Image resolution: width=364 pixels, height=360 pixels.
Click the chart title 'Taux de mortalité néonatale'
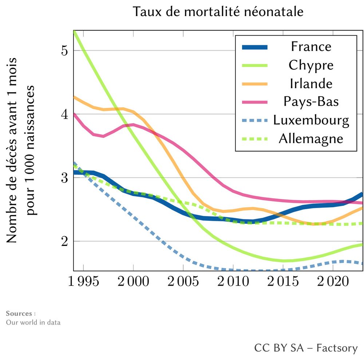point(218,12)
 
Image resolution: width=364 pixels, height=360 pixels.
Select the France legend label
point(311,47)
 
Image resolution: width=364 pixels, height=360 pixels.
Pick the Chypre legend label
point(311,65)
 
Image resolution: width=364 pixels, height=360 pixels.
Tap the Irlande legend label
point(311,83)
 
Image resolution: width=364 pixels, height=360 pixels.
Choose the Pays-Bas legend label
point(311,101)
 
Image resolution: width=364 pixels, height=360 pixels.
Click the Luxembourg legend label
point(311,120)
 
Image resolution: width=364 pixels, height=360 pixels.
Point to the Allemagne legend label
point(311,138)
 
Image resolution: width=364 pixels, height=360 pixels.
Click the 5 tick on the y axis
point(65,51)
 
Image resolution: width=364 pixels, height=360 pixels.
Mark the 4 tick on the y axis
point(65,114)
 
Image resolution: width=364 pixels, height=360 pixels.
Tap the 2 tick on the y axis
point(65,242)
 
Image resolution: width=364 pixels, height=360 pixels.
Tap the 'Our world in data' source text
point(33,322)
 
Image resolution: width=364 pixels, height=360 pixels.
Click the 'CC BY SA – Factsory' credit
point(306,348)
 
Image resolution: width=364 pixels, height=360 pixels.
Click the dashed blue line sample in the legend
point(255,120)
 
